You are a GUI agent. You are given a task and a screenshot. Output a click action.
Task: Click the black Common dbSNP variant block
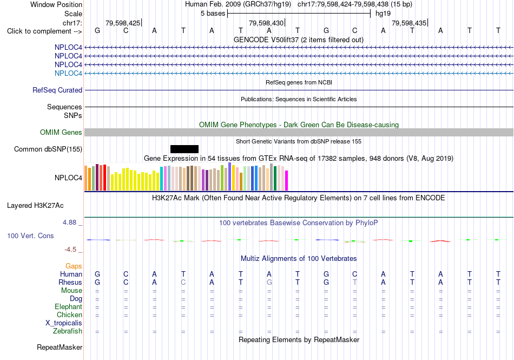(x=184, y=149)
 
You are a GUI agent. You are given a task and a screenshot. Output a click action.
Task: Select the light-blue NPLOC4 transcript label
(x=68, y=73)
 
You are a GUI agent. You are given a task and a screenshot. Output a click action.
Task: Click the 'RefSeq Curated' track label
(x=57, y=90)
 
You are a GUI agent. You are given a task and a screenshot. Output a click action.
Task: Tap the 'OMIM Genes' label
(x=61, y=132)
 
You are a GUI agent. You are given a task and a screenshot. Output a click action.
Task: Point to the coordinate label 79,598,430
(x=266, y=23)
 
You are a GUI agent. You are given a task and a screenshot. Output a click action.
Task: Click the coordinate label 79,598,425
(x=123, y=23)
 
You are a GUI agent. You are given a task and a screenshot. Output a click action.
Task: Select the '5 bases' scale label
(x=213, y=14)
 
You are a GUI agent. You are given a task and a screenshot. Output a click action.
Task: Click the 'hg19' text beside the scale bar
(x=383, y=14)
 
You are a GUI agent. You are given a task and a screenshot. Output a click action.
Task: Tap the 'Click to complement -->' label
(x=44, y=31)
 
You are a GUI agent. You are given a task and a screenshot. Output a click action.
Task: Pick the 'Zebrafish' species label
(x=68, y=331)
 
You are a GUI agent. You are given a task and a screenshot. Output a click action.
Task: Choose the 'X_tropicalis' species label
(x=64, y=323)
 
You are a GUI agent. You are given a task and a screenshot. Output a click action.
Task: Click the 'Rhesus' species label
(x=70, y=282)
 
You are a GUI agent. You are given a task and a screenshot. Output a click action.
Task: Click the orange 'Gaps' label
(x=74, y=266)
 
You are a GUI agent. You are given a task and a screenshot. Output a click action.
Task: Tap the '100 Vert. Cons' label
(x=30, y=235)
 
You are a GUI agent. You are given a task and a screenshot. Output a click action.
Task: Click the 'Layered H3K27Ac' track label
(x=35, y=206)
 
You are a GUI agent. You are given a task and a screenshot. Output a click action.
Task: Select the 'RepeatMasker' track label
(x=60, y=347)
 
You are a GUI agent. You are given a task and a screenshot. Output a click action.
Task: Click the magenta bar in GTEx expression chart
(x=287, y=180)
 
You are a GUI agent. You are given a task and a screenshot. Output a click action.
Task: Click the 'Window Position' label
(x=56, y=4)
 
